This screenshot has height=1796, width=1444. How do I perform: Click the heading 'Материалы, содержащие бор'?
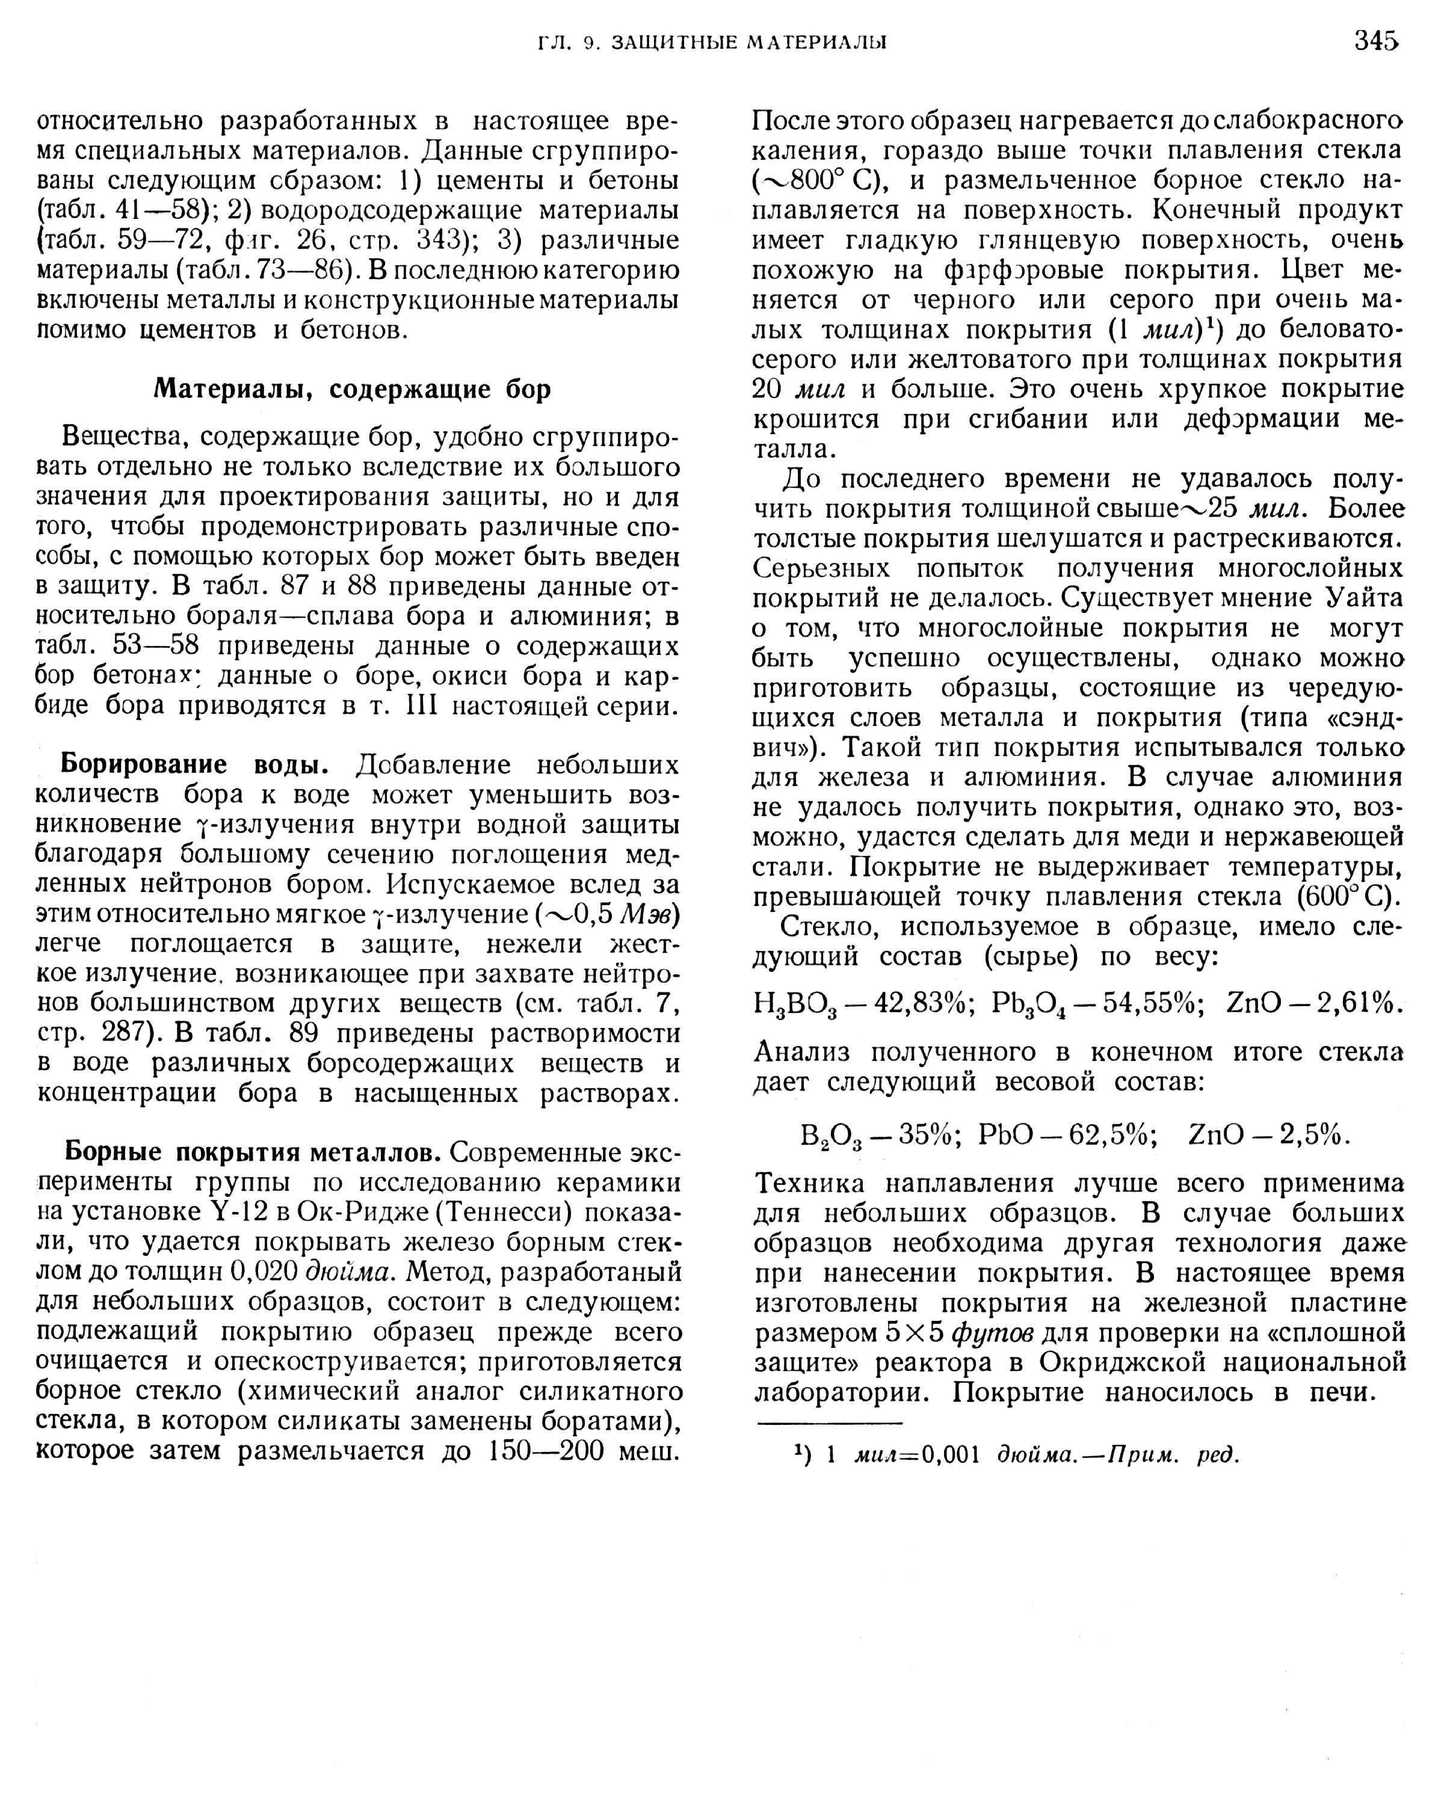coord(353,389)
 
